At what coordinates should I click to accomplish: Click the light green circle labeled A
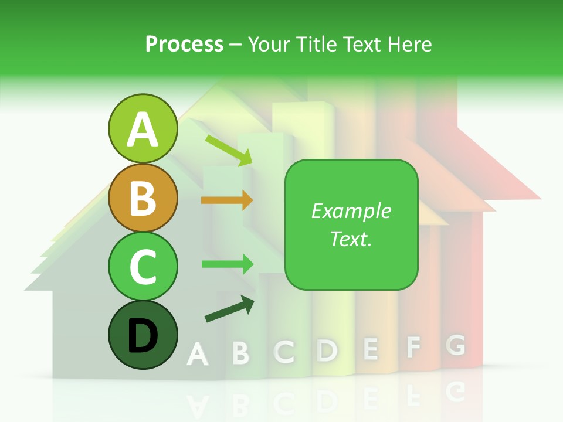pyautogui.click(x=143, y=128)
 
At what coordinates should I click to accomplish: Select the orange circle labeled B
pyautogui.click(x=143, y=198)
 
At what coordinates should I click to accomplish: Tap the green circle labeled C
pyautogui.click(x=143, y=266)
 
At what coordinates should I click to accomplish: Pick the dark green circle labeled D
pyautogui.click(x=143, y=335)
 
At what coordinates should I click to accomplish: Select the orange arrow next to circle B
pyautogui.click(x=227, y=200)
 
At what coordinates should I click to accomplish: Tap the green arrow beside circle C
pyautogui.click(x=228, y=264)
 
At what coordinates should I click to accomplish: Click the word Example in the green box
pyautogui.click(x=351, y=211)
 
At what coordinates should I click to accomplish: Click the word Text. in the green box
pyautogui.click(x=351, y=239)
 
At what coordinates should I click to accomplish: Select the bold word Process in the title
pyautogui.click(x=184, y=44)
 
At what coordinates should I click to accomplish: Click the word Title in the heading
pyautogui.click(x=316, y=44)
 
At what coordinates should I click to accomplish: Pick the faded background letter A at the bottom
pyautogui.click(x=198, y=355)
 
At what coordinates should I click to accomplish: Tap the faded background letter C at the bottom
pyautogui.click(x=284, y=351)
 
